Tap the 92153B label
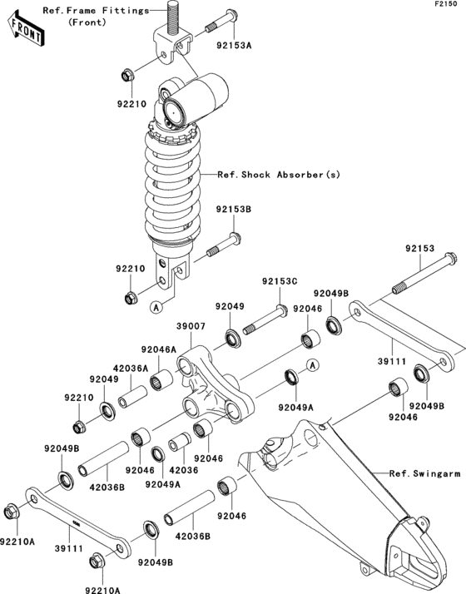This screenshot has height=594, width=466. (x=234, y=210)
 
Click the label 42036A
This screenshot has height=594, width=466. (x=132, y=367)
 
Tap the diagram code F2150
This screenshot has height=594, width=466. (x=447, y=5)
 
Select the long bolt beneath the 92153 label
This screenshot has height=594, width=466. (x=424, y=274)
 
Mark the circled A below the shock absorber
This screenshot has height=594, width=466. (x=155, y=307)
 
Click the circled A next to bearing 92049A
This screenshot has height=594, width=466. (x=310, y=364)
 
